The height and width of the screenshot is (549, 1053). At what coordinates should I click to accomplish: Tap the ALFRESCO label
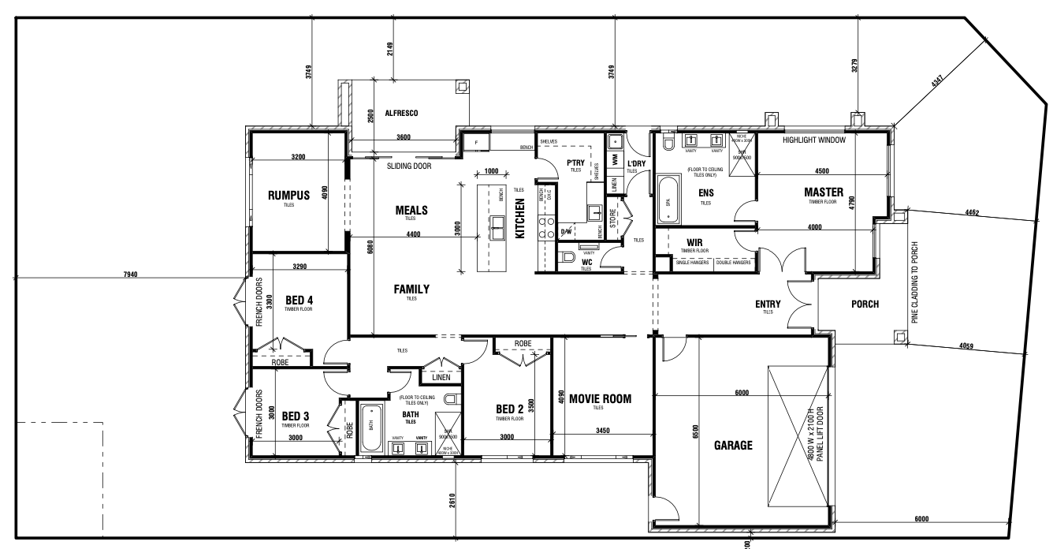click(x=401, y=113)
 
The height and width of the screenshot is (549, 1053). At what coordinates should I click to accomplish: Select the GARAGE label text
click(x=732, y=445)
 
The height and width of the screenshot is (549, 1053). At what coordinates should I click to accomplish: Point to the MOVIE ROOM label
click(x=601, y=398)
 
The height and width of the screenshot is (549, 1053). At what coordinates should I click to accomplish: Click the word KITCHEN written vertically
click(x=520, y=218)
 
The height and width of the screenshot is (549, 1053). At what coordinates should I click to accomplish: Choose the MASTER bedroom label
click(x=824, y=192)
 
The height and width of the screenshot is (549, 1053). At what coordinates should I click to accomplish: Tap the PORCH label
click(x=865, y=304)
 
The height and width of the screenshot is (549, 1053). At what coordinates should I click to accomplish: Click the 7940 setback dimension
click(x=131, y=274)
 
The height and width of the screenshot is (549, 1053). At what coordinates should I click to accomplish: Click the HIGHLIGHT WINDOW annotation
click(x=813, y=140)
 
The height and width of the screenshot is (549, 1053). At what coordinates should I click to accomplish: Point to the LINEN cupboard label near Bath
click(x=441, y=377)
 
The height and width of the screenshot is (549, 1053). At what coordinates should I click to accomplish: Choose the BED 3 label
click(x=296, y=416)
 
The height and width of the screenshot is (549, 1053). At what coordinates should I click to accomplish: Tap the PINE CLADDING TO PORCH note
click(x=915, y=282)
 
